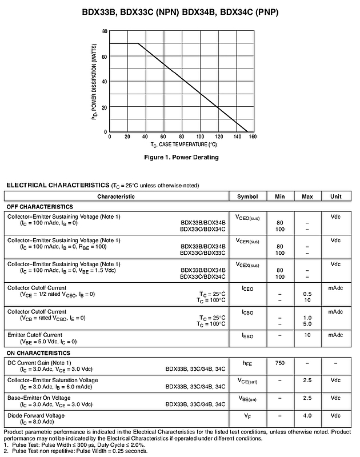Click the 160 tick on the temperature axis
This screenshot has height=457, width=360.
[253, 137]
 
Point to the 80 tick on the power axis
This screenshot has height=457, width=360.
[105, 31]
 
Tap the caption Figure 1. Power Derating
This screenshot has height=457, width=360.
[181, 158]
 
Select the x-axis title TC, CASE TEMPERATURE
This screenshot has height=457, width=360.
[179, 145]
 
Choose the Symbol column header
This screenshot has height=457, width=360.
[247, 197]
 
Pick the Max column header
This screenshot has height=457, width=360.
[307, 197]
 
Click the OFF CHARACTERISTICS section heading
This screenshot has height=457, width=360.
[40, 207]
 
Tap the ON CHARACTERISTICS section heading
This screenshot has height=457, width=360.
[38, 353]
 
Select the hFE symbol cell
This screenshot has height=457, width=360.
[247, 363]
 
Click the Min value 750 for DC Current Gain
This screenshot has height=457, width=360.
[280, 363]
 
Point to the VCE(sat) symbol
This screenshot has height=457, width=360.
[247, 380]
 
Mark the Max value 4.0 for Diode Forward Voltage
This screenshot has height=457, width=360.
[307, 415]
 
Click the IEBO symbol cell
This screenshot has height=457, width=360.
[247, 335]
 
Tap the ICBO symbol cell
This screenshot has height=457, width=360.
[247, 312]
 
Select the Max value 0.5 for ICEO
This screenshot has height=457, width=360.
[307, 294]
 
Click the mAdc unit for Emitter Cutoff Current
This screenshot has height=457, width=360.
[335, 335]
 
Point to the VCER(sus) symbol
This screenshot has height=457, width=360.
[247, 241]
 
